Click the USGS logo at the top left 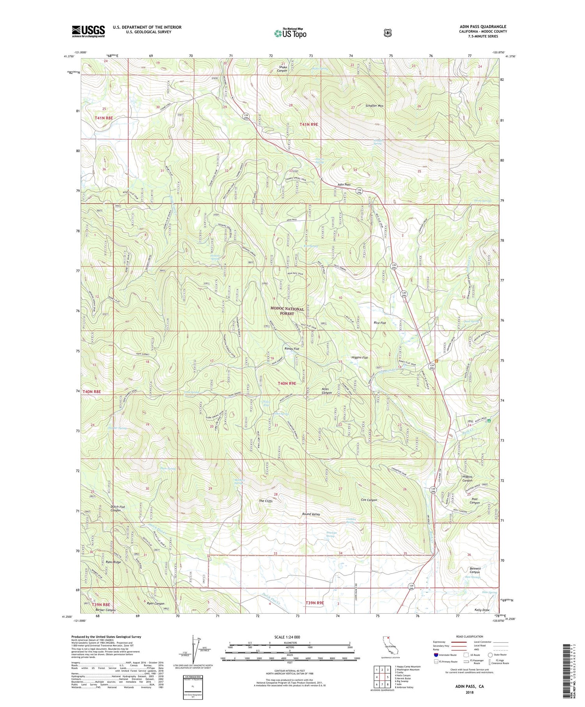(x=88, y=31)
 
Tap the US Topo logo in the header (x=290, y=33)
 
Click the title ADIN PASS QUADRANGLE (x=483, y=27)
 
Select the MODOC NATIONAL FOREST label (x=287, y=311)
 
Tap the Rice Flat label (x=379, y=323)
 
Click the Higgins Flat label (x=359, y=357)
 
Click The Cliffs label (x=266, y=501)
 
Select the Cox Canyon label (x=369, y=500)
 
